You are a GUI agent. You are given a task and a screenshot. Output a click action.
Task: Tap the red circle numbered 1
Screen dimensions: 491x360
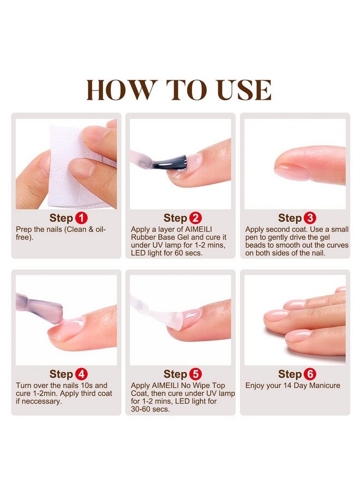pyautogui.click(x=81, y=218)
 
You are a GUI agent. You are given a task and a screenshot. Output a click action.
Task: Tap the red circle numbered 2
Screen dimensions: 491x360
pyautogui.click(x=196, y=218)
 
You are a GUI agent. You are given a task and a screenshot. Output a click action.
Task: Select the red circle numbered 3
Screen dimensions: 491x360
pyautogui.click(x=310, y=218)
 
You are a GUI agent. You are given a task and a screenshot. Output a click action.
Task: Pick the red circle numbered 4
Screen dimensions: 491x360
pyautogui.click(x=81, y=374)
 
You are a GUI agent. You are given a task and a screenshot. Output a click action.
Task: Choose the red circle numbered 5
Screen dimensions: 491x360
pyautogui.click(x=196, y=374)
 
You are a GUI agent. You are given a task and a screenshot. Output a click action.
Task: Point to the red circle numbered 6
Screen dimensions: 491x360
pyautogui.click(x=310, y=374)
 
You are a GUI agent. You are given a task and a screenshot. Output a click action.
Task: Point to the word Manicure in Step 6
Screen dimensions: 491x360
pyautogui.click(x=320, y=386)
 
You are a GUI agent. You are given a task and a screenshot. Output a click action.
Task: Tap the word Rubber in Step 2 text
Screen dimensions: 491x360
pyautogui.click(x=143, y=237)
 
